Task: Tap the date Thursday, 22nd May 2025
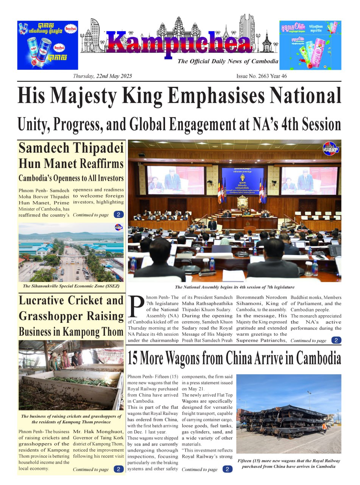click(103, 76)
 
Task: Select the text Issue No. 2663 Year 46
click(262, 76)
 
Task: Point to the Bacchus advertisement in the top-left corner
click(47, 45)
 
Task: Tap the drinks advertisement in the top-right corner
click(310, 45)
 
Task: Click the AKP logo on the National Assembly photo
click(330, 149)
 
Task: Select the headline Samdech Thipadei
click(71, 148)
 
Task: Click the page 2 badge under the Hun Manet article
click(118, 215)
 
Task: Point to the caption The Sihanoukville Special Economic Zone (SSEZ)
click(71, 286)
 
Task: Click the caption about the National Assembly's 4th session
click(234, 287)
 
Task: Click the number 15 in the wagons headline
click(135, 358)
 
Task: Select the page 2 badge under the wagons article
click(227, 469)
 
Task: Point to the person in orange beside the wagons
click(324, 428)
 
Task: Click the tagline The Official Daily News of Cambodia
click(228, 61)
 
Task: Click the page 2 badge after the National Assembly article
click(336, 340)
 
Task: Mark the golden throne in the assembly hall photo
click(242, 203)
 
